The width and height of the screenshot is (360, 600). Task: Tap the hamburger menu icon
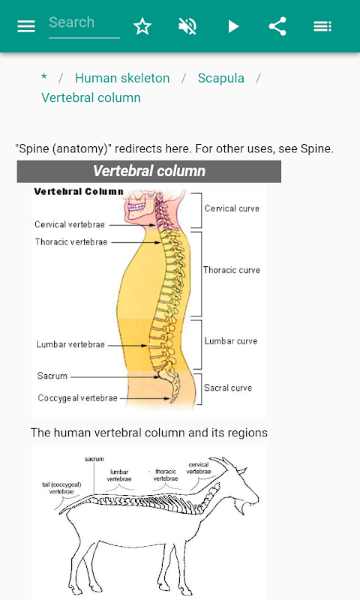pos(26,26)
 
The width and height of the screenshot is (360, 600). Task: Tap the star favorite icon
pos(142,26)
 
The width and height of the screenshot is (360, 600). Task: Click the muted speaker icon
pos(187,26)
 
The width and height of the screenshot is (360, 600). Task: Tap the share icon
pos(277,26)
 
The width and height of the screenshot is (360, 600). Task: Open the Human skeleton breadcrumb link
pos(122,78)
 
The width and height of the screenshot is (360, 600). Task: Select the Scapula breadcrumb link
pos(220,78)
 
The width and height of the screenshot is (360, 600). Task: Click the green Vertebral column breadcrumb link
pos(91,97)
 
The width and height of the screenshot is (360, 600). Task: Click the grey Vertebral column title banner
pos(148,171)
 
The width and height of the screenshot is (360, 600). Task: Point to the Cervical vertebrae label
pos(70,224)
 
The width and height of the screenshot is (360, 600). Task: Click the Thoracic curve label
pos(232,270)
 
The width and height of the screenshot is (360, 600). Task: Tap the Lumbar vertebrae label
pos(70,344)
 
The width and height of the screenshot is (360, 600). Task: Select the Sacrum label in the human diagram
pos(52,376)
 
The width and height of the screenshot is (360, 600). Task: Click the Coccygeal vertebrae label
pos(78,398)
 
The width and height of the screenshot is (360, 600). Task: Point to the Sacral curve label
pos(228,388)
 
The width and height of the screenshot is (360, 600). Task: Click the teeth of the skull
pos(136,207)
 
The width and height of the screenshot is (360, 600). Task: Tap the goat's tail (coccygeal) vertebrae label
pos(61,488)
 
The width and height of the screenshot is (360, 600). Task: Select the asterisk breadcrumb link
pos(44,77)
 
